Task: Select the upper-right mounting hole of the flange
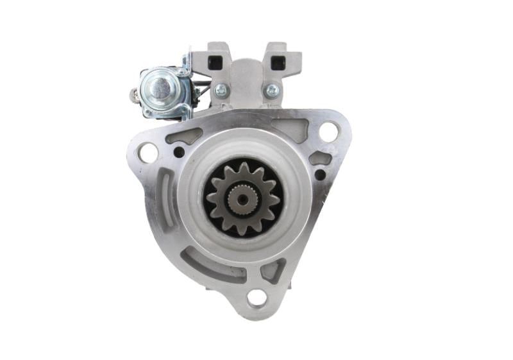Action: coord(328,132)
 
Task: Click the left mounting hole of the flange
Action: coord(147,153)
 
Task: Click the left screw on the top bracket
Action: coord(222,90)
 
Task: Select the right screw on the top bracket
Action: coord(272,90)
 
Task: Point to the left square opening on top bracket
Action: coord(215,62)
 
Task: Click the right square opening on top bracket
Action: coord(278,62)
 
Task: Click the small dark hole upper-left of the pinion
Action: coord(179,152)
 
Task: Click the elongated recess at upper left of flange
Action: coord(184,135)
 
